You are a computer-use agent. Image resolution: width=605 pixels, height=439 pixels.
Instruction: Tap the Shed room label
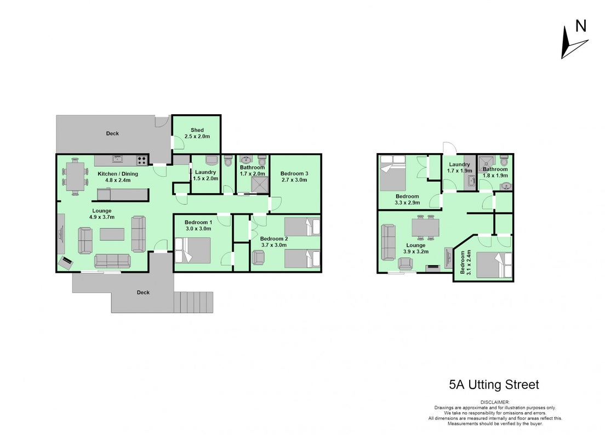click(x=197, y=130)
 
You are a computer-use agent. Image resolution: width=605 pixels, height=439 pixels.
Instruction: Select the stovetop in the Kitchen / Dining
click(x=141, y=160)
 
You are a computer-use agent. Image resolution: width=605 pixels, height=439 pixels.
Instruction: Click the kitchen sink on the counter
click(x=117, y=159)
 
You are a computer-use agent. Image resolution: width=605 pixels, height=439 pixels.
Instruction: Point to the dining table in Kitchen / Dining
click(x=75, y=176)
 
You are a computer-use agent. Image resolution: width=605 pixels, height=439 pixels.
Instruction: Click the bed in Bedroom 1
click(x=192, y=250)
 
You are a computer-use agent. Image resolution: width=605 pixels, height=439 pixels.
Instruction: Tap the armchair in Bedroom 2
click(x=258, y=257)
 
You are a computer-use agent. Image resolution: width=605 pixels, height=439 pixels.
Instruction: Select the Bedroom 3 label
click(x=294, y=173)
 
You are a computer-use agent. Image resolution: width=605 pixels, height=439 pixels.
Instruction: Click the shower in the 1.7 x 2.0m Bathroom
click(x=260, y=184)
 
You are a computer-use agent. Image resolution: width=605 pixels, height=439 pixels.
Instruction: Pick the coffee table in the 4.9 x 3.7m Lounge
click(x=112, y=234)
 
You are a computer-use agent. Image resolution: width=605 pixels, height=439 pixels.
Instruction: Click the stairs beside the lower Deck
click(x=193, y=302)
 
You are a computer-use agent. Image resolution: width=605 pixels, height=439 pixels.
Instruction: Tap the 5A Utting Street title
click(x=494, y=385)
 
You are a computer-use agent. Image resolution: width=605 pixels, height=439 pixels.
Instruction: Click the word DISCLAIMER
click(x=495, y=402)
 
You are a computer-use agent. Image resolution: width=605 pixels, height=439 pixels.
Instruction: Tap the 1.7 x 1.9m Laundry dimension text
click(x=459, y=171)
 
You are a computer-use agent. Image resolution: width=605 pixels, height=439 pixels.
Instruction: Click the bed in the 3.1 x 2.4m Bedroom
click(x=494, y=264)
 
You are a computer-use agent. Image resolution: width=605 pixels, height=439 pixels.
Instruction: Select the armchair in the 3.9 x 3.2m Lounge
click(x=405, y=263)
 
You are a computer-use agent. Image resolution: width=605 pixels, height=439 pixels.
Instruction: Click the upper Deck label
click(x=113, y=133)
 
